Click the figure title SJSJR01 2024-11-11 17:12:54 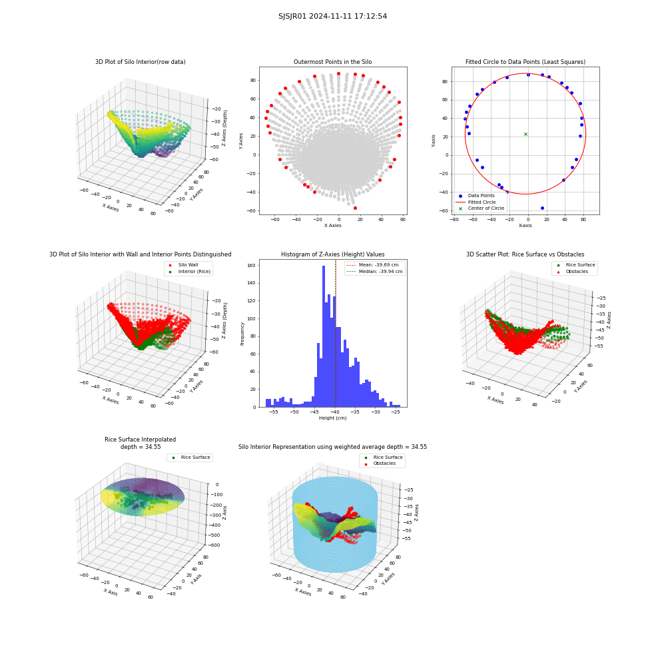332,16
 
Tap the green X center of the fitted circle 525,135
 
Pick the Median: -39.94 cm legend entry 374,272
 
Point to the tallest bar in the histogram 324,336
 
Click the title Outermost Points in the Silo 332,62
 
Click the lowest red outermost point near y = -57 355,208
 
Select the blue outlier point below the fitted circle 542,208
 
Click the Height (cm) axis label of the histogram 332,418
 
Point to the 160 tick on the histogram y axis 252,265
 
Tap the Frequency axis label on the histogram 242,334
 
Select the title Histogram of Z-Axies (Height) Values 332,254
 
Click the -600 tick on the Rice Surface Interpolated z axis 213,545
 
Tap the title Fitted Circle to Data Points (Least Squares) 525,62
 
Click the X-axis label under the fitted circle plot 525,226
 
